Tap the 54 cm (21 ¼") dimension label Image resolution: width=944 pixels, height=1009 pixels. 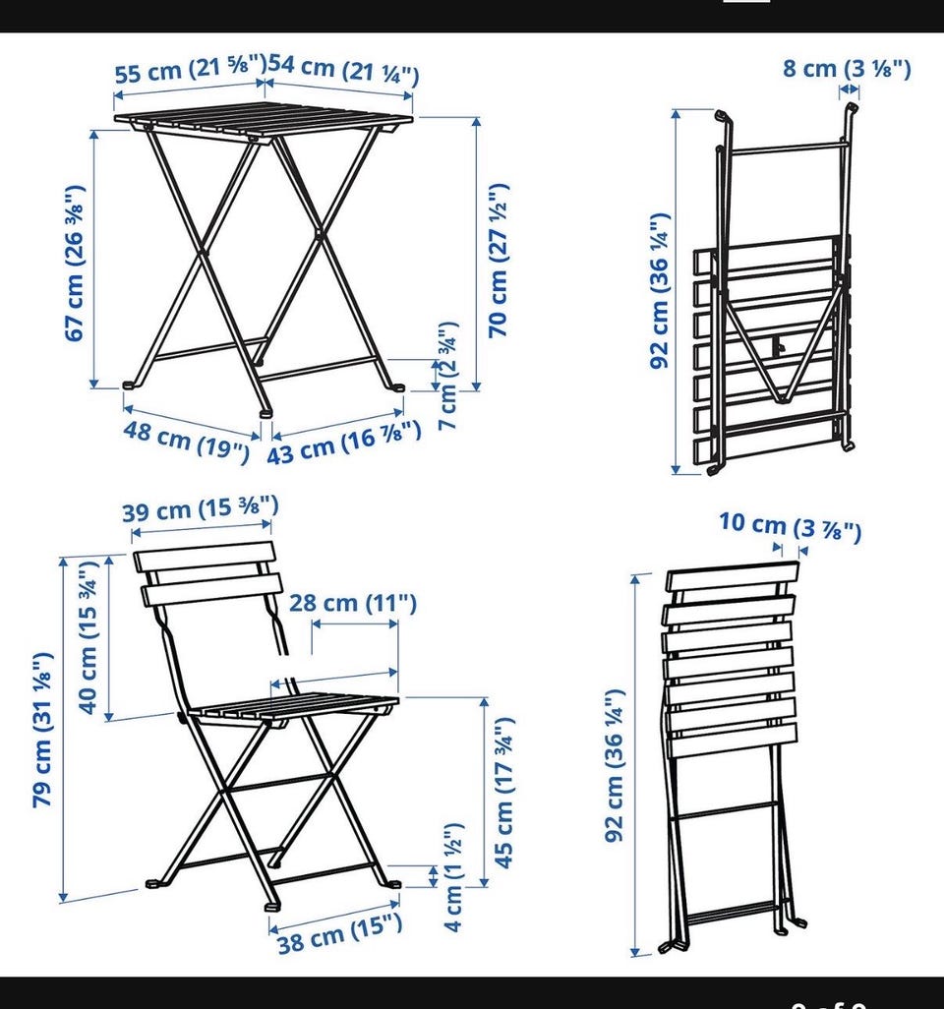tap(343, 70)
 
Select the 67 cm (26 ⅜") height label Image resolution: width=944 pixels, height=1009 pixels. tap(75, 264)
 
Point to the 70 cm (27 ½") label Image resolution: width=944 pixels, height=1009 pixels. tap(499, 260)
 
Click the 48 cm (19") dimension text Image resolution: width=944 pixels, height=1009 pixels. tap(186, 441)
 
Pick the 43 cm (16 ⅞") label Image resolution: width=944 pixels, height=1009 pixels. tap(344, 443)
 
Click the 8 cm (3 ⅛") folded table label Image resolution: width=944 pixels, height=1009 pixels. tap(847, 68)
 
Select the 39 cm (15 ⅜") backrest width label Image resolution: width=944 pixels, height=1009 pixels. tap(201, 509)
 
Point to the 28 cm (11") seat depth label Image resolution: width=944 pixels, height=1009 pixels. tap(353, 604)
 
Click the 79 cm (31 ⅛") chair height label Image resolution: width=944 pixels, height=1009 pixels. tap(42, 730)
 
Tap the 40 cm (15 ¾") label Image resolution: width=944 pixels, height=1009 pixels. tap(88, 637)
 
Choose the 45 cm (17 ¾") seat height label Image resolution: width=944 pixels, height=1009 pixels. tap(503, 792)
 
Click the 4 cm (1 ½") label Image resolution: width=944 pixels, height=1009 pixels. tap(453, 876)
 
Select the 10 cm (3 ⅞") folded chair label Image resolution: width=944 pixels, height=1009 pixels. tap(791, 527)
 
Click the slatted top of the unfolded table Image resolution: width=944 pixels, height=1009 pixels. tap(264, 120)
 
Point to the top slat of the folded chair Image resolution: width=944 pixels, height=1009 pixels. tap(733, 577)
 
